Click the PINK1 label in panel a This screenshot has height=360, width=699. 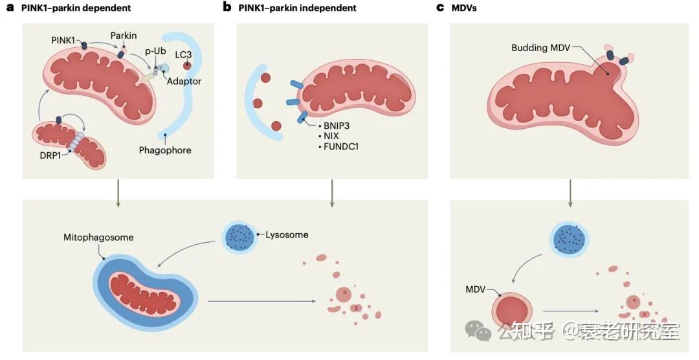coord(65,40)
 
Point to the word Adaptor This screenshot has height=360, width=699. coord(184,82)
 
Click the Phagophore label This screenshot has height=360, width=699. coord(165,150)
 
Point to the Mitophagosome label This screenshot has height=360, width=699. coord(99,237)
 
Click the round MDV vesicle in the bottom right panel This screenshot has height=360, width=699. coord(513,308)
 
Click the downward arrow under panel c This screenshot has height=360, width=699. coord(570,192)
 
